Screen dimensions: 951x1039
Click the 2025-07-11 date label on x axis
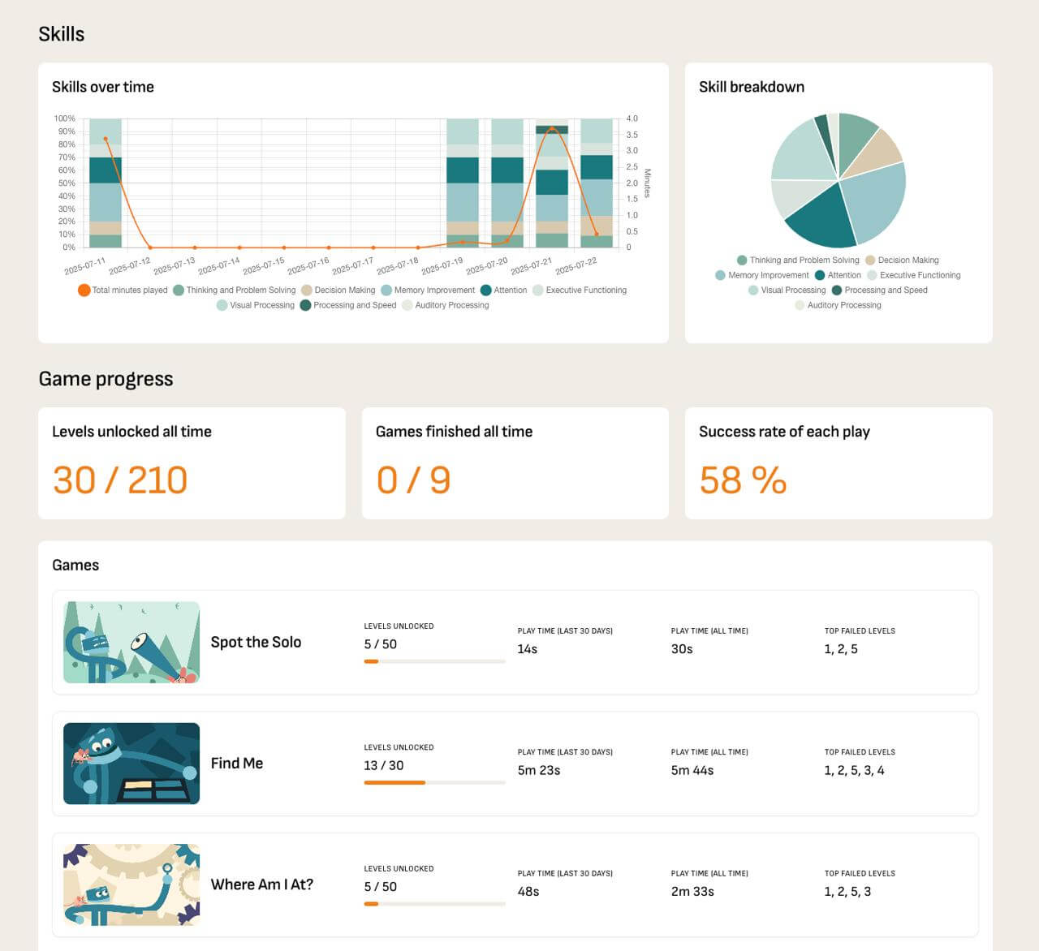click(85, 265)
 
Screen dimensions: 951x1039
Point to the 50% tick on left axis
click(66, 183)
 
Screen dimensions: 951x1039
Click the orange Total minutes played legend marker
click(84, 290)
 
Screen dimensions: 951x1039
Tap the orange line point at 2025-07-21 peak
click(552, 129)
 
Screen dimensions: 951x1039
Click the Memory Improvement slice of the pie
click(875, 199)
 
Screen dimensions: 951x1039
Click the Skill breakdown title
click(751, 87)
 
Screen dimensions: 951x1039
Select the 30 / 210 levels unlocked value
click(120, 480)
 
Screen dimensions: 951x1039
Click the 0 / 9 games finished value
click(413, 480)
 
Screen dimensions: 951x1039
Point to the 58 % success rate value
click(743, 480)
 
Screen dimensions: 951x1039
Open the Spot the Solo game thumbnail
click(131, 642)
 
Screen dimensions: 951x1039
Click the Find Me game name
click(237, 763)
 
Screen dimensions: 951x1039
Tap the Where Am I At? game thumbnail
click(131, 884)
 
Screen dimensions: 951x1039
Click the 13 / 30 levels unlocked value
click(384, 765)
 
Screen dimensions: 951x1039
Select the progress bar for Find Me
click(434, 782)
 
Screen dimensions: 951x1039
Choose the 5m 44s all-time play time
click(692, 770)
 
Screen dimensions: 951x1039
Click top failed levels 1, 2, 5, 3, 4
click(854, 770)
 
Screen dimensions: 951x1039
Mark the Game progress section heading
click(106, 379)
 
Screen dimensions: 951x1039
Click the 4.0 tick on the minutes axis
click(632, 118)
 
